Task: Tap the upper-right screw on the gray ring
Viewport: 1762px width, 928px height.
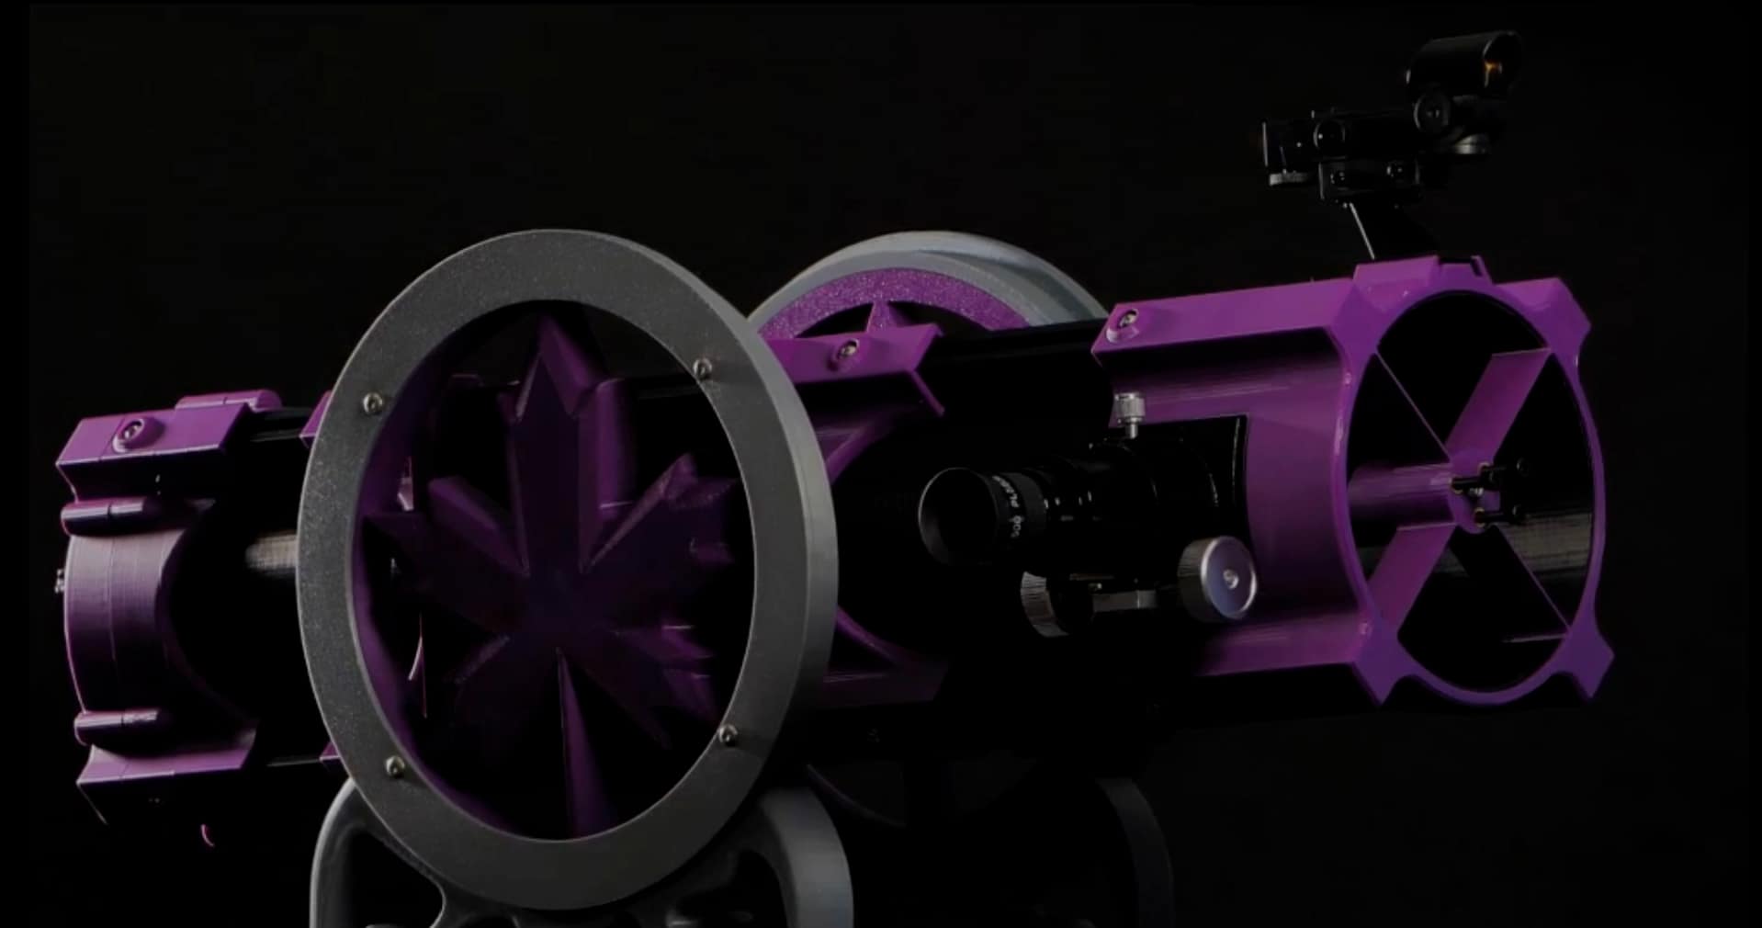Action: point(702,369)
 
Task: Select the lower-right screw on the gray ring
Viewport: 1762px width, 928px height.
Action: point(728,733)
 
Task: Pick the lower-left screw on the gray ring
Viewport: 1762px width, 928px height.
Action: point(394,764)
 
